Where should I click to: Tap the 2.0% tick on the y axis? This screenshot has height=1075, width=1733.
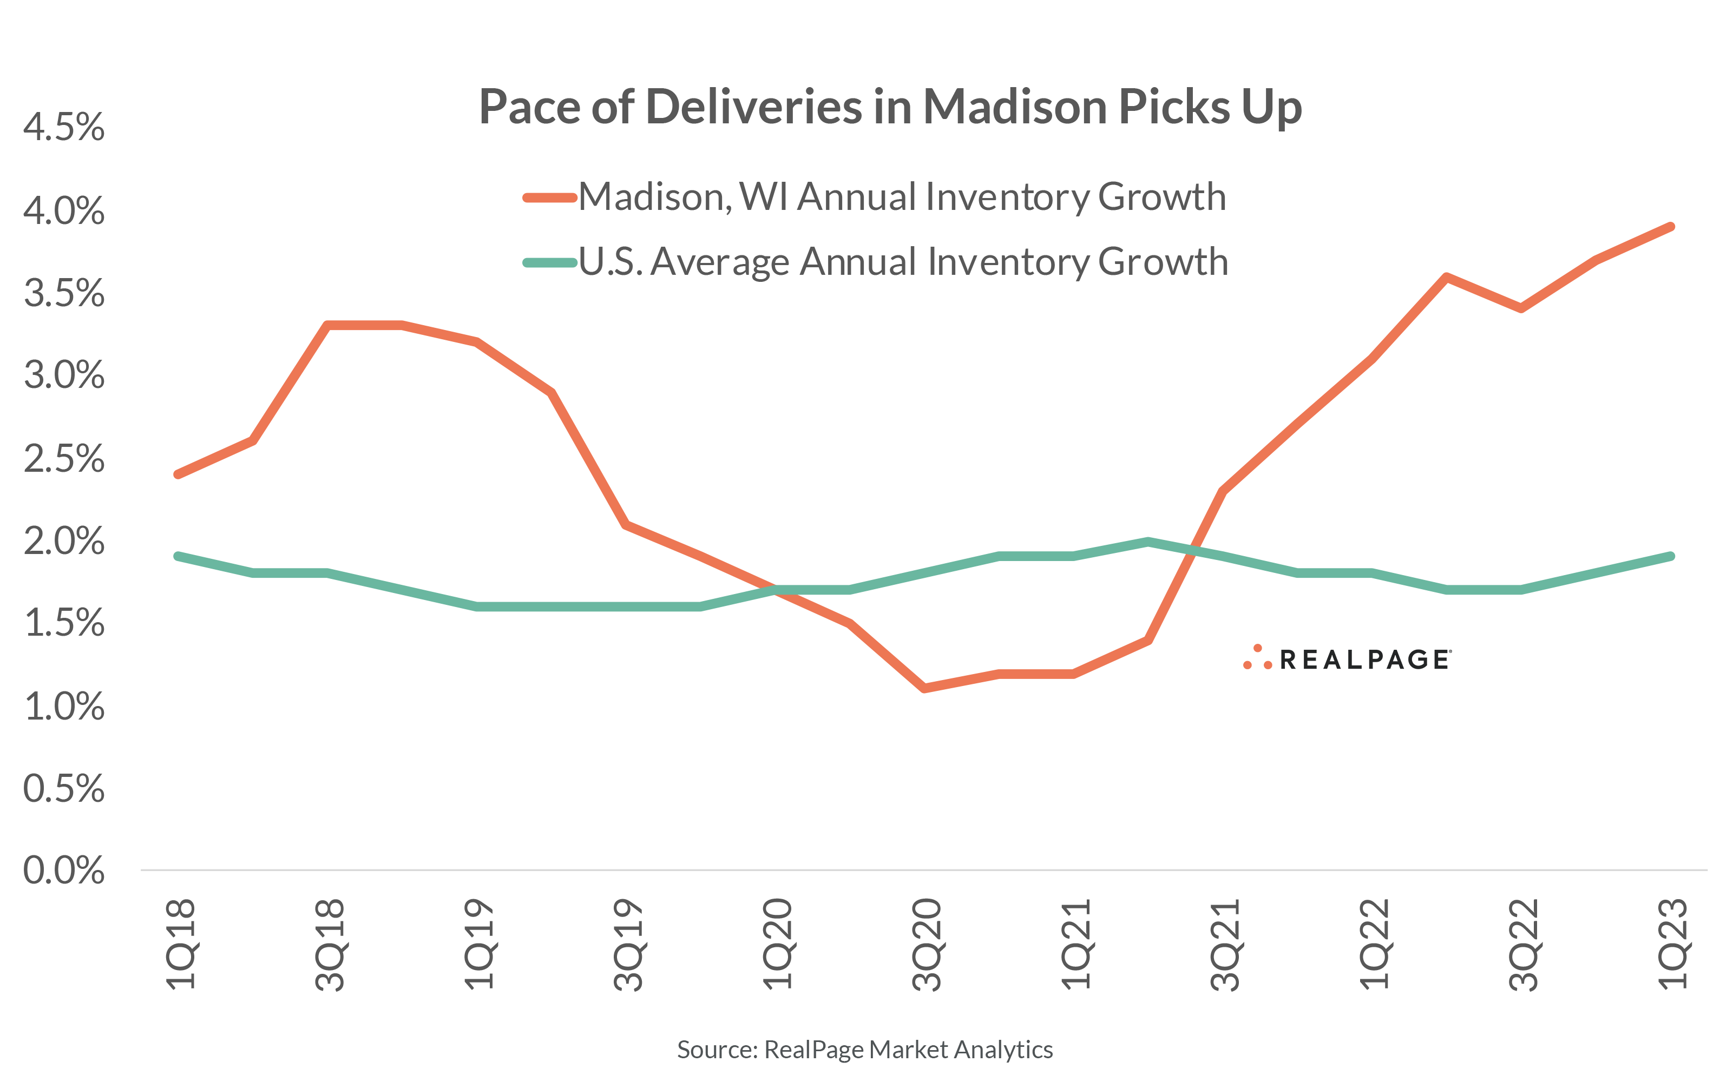click(63, 541)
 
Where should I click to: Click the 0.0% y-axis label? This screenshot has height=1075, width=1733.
click(63, 870)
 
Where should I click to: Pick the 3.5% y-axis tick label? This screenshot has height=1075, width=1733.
click(63, 293)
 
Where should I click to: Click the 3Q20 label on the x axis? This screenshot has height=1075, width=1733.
click(927, 945)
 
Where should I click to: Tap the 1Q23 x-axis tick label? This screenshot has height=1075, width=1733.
click(1672, 945)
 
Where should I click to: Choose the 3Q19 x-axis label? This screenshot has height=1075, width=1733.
click(628, 945)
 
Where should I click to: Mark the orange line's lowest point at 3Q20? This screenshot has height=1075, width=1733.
click(924, 688)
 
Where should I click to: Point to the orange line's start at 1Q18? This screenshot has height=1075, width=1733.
click(178, 474)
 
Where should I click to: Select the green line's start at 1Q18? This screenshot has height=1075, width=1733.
click(178, 556)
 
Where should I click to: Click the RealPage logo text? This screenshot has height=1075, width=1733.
click(1363, 660)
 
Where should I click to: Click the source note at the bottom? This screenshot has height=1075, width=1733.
click(865, 1050)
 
